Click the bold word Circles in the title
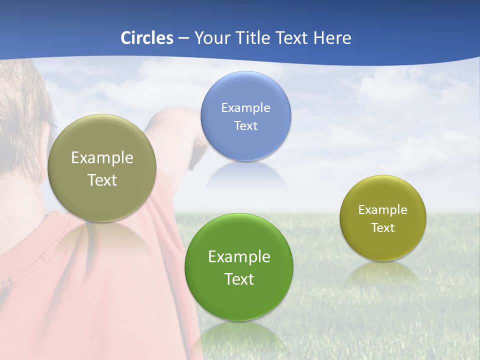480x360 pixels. (x=147, y=38)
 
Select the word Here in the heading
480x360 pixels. (x=332, y=38)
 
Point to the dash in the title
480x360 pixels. (x=183, y=38)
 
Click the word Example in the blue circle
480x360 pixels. (x=245, y=107)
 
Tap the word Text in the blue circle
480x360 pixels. (x=245, y=125)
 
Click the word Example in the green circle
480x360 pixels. (x=239, y=256)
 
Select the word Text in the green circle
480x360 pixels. (x=239, y=278)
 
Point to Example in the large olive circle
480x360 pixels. (x=102, y=157)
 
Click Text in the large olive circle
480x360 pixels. (x=102, y=180)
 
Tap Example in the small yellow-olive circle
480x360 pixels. (x=383, y=209)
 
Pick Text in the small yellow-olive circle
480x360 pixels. (x=383, y=227)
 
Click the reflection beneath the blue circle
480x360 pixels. (x=246, y=176)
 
